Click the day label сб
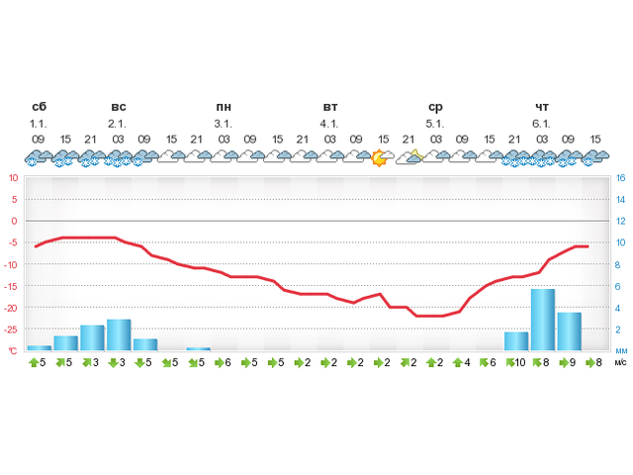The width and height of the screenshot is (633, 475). (39, 107)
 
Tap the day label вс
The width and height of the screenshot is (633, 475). (118, 107)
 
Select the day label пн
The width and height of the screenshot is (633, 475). (224, 107)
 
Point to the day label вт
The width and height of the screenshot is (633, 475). (330, 107)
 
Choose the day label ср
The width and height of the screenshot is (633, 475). (435, 107)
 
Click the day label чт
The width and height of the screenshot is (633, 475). (542, 107)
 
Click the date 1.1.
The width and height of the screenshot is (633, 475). (39, 124)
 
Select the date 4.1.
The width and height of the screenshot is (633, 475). (329, 124)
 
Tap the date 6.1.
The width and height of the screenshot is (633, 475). (541, 124)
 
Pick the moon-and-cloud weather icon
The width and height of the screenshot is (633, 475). (409, 156)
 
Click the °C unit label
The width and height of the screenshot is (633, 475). (13, 350)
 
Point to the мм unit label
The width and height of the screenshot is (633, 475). (620, 350)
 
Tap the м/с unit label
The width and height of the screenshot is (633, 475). (620, 363)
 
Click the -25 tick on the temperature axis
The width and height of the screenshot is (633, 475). (11, 329)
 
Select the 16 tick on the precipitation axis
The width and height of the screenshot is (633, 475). (620, 178)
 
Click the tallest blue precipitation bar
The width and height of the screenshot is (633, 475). (542, 319)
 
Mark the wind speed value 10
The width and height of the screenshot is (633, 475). (519, 363)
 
